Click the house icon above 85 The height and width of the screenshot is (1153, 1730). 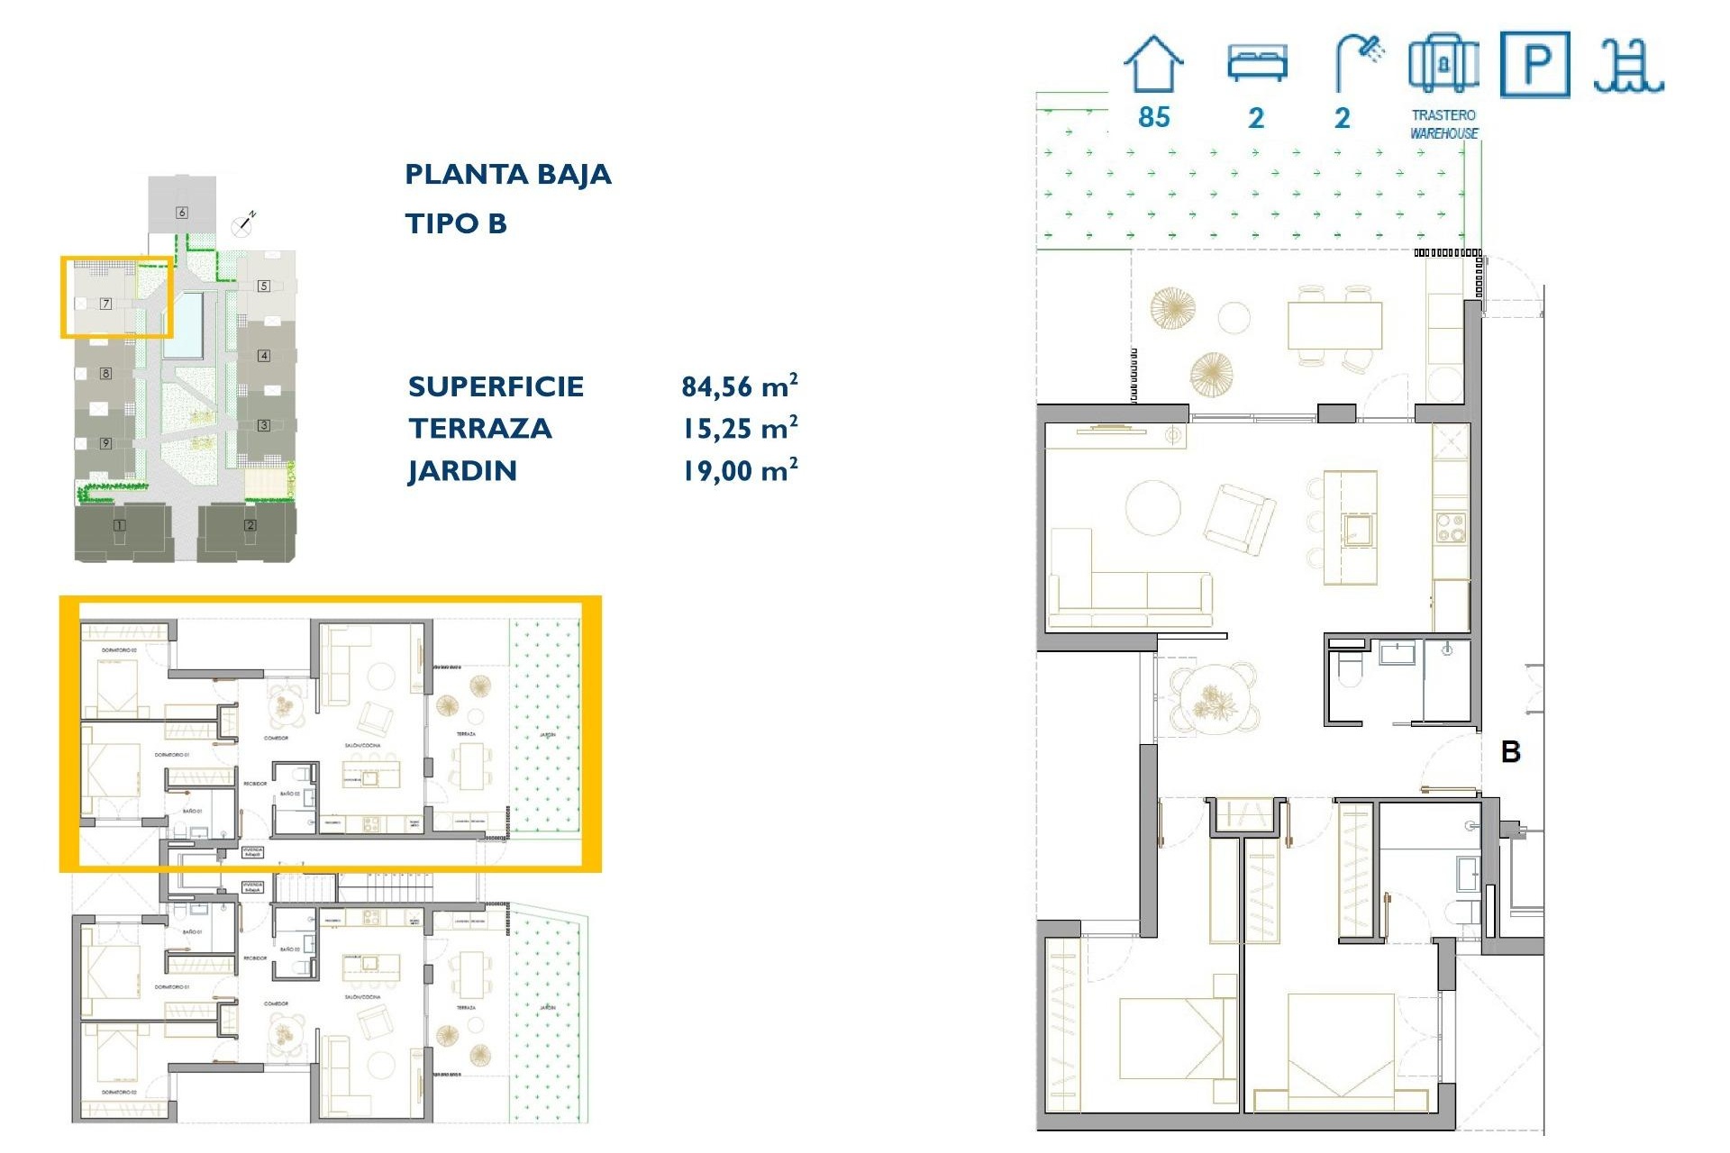[1153, 64]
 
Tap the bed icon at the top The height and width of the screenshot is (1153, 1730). [1257, 64]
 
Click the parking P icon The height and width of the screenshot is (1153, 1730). [1534, 65]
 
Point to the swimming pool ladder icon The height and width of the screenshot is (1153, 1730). [1627, 67]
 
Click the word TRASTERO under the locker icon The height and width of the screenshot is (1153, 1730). [1443, 115]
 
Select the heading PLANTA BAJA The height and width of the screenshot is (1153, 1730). [507, 175]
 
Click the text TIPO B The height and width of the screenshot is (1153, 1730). [456, 223]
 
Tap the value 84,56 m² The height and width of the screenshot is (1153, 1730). [739, 386]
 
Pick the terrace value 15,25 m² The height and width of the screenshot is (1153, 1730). [739, 429]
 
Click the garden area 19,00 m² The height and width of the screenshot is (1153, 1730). [739, 471]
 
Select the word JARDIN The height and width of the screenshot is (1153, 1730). [462, 471]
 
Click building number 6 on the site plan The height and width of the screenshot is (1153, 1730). [182, 213]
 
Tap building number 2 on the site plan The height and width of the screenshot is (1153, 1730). [250, 525]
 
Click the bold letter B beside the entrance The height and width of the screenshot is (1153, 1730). [1511, 752]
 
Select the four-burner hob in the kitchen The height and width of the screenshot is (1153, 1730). [1450, 527]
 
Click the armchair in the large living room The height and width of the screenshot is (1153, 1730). [1241, 517]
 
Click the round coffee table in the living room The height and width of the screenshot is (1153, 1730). [1152, 507]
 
